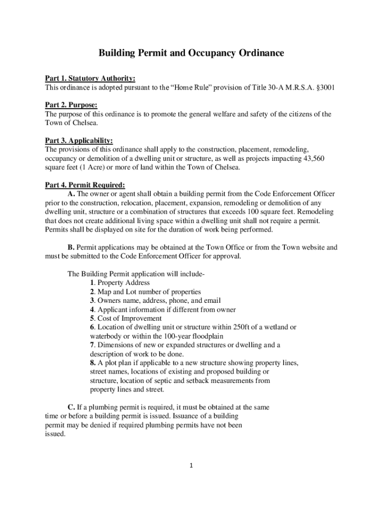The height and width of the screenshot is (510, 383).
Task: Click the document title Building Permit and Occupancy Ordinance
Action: pos(191,53)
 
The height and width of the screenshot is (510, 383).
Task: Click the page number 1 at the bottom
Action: pos(191,466)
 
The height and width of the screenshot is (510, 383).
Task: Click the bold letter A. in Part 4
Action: pos(72,194)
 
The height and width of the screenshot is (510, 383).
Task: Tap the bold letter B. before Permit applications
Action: pos(71,247)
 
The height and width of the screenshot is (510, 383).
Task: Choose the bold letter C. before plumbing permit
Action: pos(72,407)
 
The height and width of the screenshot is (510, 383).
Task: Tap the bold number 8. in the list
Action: pos(93,363)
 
